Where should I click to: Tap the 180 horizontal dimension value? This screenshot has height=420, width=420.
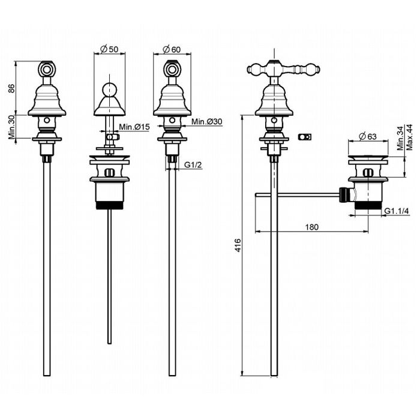(x=310, y=226)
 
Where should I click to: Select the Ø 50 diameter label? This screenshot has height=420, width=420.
(x=109, y=49)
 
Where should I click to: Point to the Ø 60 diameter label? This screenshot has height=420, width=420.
(x=172, y=49)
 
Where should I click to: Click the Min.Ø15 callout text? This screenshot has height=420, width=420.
(x=134, y=127)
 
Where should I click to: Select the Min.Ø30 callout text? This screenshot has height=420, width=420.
(x=207, y=122)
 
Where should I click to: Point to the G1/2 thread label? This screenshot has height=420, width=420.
(x=192, y=164)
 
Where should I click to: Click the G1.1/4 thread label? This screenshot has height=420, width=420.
(x=397, y=211)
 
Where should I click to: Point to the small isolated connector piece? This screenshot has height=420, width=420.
(x=304, y=137)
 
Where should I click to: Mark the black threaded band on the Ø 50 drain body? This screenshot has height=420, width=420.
(x=109, y=206)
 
